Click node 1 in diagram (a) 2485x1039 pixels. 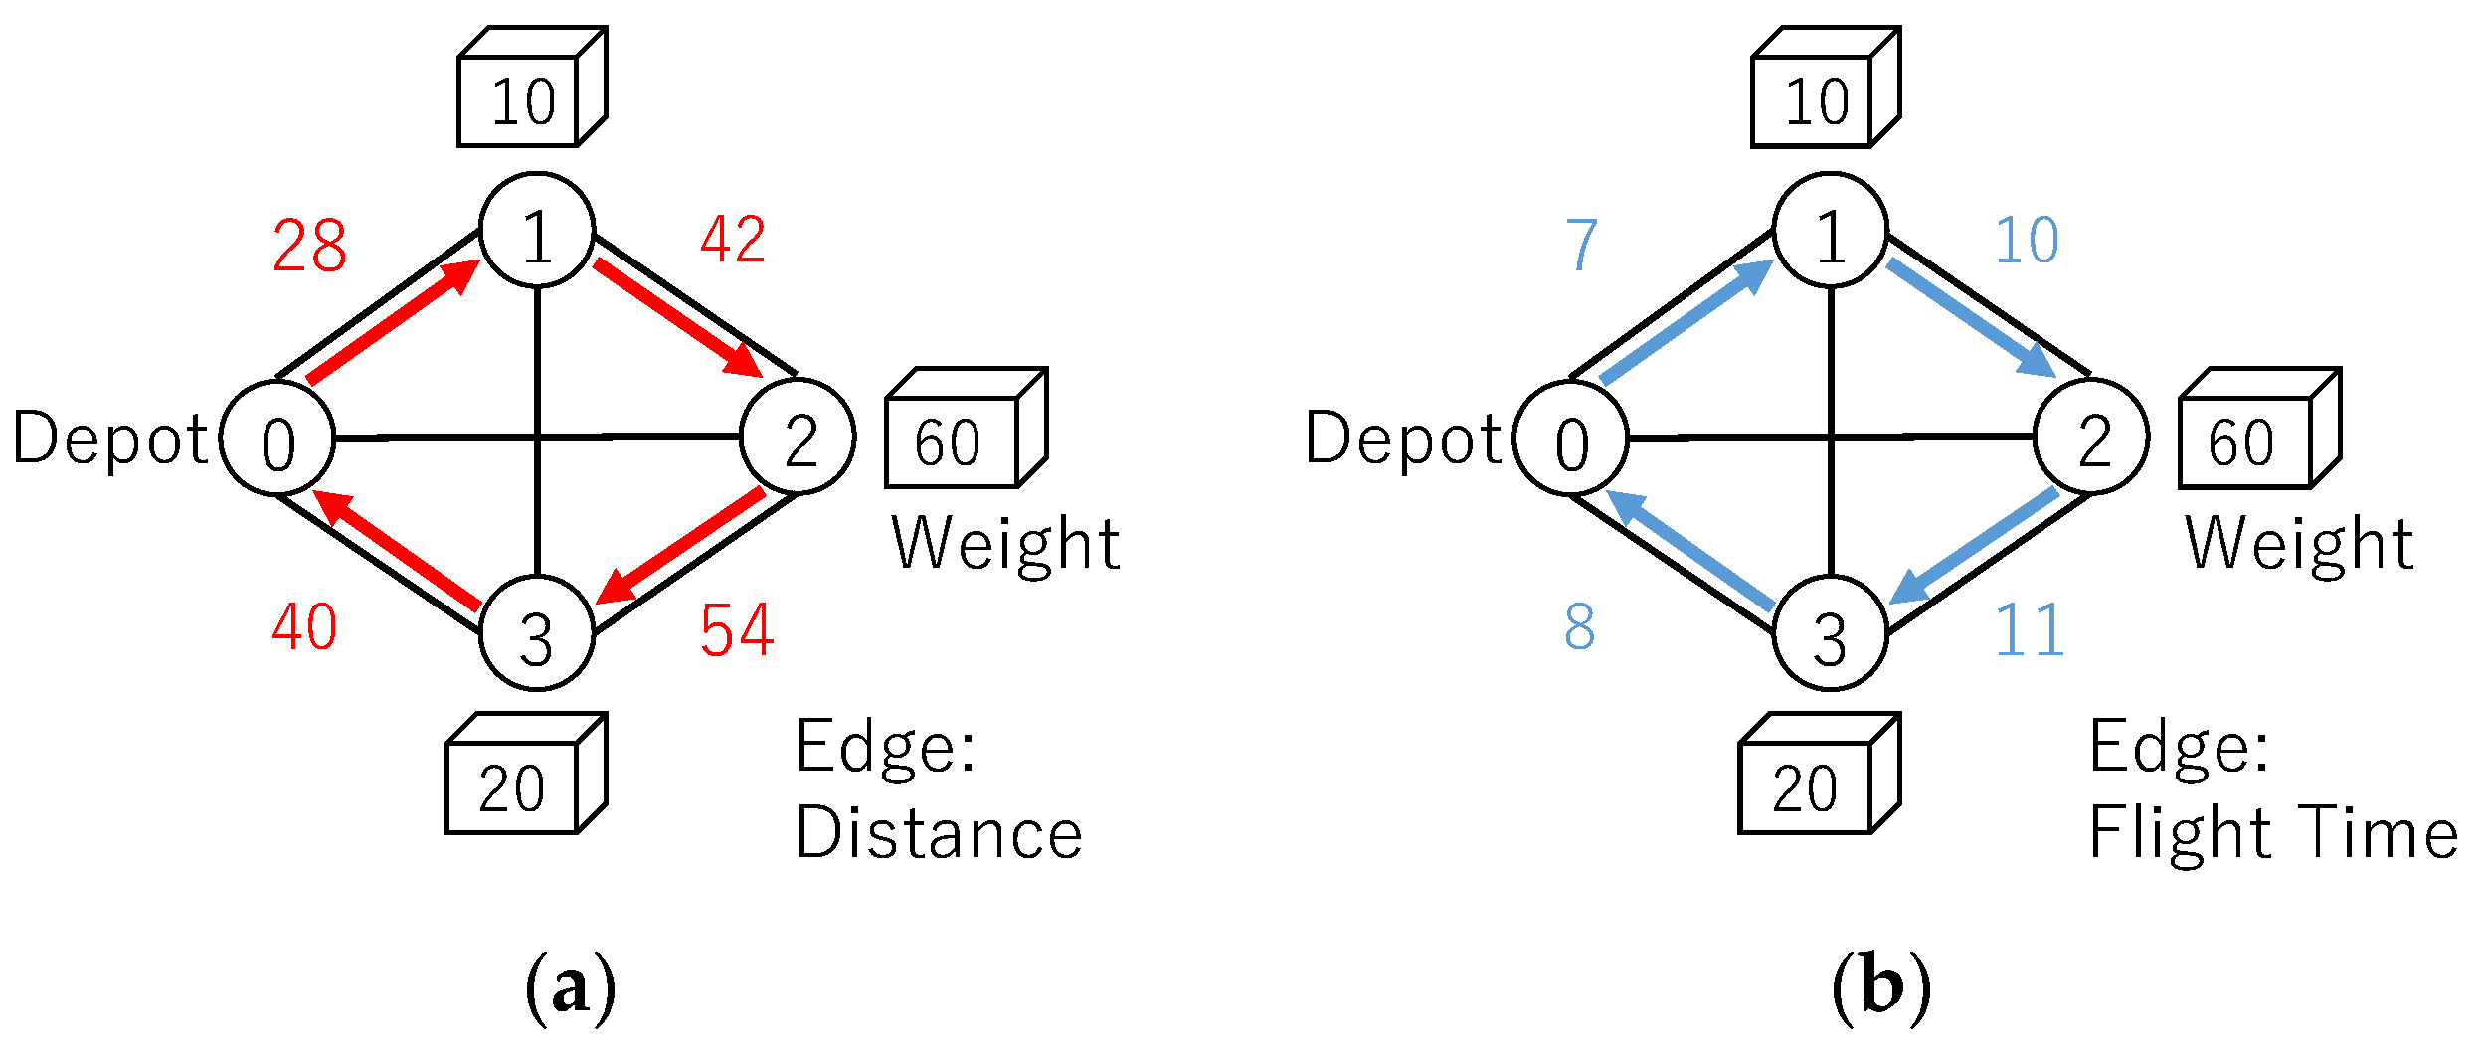point(537,231)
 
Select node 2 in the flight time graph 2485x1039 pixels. point(2091,436)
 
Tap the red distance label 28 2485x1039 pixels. point(309,246)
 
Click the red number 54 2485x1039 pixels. point(736,630)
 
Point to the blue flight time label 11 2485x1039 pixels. point(2030,630)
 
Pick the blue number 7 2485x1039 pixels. point(1580,245)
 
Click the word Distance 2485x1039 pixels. point(938,832)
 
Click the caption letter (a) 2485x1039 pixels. point(570,988)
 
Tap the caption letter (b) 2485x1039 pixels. point(1880,988)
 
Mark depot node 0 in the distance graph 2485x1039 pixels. point(277,438)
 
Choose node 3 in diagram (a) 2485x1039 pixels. point(537,633)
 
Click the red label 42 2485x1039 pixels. point(733,240)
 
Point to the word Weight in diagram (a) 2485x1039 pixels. point(1005,543)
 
